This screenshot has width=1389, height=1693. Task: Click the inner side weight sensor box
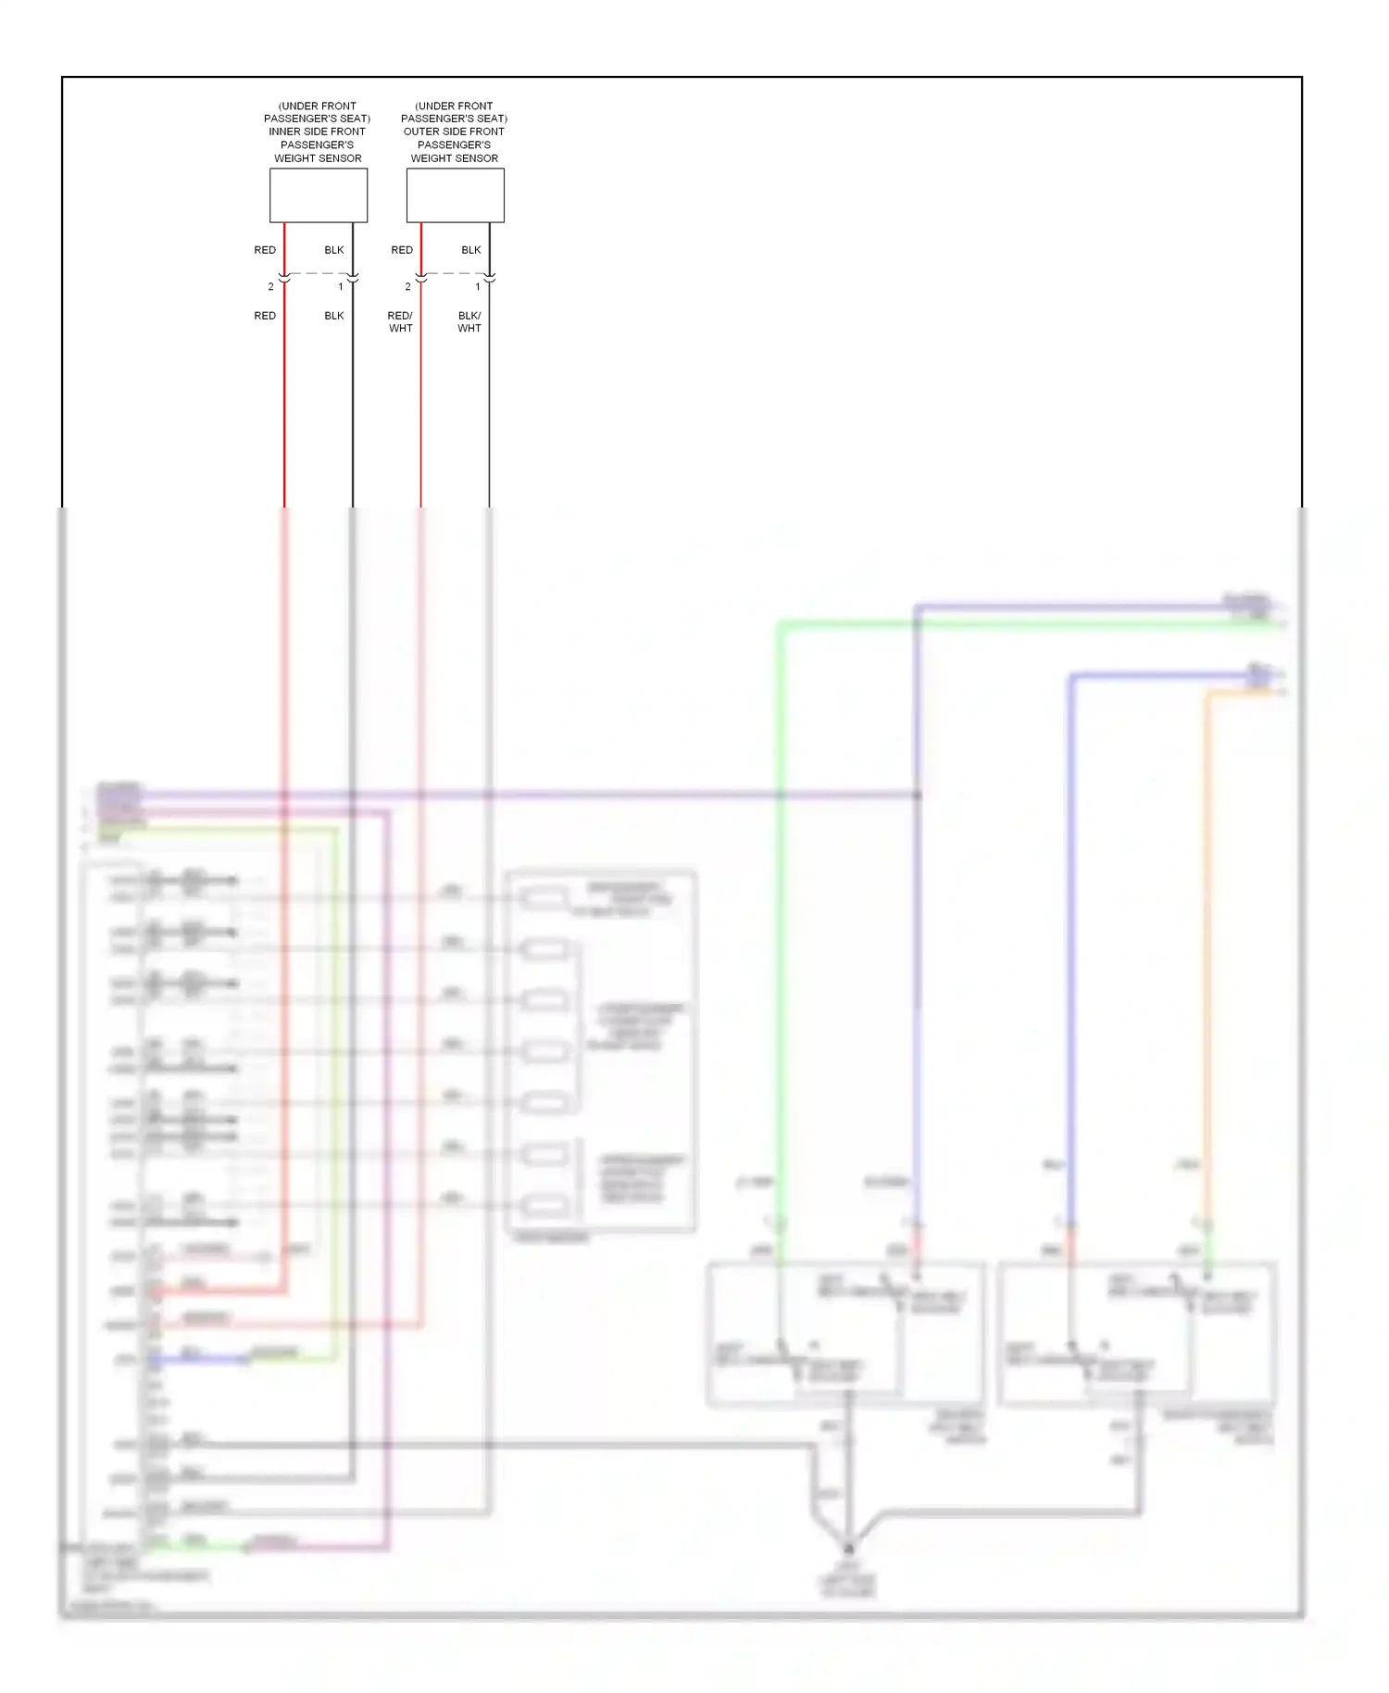[318, 194]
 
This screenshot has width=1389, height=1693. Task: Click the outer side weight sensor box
[455, 194]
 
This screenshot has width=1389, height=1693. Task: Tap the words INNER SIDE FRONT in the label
[317, 132]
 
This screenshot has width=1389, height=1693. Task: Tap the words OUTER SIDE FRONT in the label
[454, 132]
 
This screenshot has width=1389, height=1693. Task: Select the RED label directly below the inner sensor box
[265, 250]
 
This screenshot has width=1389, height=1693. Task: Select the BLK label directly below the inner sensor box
[334, 250]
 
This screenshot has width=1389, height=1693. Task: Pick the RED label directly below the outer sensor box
[402, 250]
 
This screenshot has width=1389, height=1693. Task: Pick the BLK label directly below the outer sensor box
[471, 250]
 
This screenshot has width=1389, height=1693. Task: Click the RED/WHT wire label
[400, 321]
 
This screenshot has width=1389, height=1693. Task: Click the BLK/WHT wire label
[469, 321]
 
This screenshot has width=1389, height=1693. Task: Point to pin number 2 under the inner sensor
[270, 286]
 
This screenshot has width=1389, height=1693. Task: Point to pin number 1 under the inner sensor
[340, 286]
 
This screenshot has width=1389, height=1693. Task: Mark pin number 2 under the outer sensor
[407, 286]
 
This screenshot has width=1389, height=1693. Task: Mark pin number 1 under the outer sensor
[477, 286]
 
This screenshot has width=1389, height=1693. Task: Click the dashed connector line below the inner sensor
[318, 273]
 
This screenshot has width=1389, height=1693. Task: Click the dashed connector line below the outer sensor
[455, 273]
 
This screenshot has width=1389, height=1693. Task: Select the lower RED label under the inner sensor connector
[265, 316]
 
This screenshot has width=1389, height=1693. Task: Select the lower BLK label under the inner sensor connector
[334, 316]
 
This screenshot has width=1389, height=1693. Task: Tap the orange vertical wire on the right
[1207, 926]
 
